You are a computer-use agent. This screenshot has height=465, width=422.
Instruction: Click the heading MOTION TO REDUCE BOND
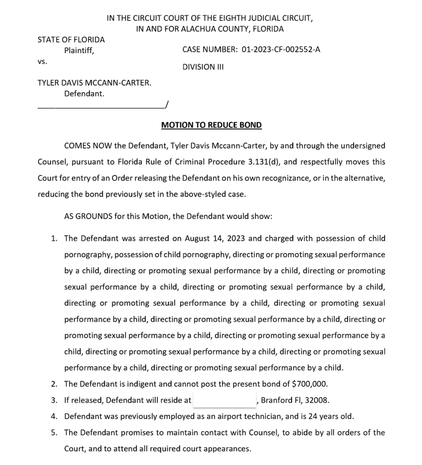point(211,125)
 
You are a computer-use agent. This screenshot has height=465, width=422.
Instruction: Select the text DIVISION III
point(203,67)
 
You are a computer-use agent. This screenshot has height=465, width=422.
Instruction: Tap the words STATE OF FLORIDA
point(71,40)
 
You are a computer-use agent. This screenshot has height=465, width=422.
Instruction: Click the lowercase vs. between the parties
point(42,62)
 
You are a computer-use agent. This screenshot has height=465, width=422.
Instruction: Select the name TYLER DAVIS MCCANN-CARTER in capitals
point(94,82)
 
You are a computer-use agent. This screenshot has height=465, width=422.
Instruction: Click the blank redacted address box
point(224,400)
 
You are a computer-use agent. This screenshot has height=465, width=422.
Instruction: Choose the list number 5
point(54,432)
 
